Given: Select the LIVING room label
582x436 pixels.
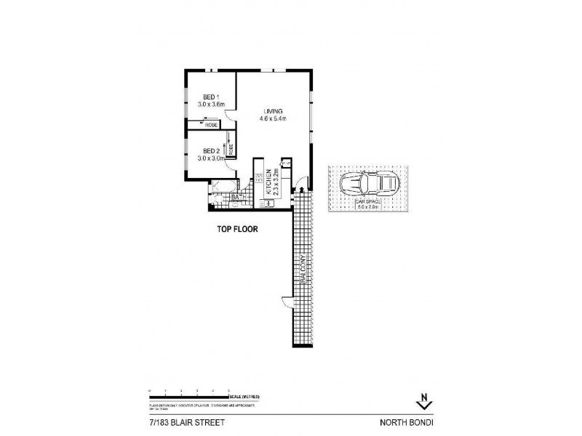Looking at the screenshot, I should pyautogui.click(x=274, y=110).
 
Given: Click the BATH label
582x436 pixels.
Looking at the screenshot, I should pyautogui.click(x=236, y=197).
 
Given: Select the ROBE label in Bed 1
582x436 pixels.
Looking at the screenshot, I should pyautogui.click(x=211, y=126).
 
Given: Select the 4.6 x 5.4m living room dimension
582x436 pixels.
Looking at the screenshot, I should pyautogui.click(x=274, y=119).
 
